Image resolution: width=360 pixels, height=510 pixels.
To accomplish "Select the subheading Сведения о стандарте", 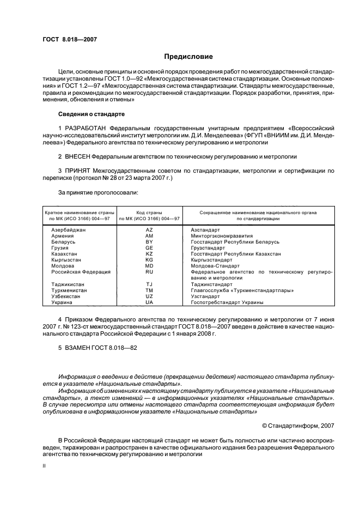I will (91, 114).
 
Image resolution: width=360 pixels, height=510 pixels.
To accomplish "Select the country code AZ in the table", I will (149, 230).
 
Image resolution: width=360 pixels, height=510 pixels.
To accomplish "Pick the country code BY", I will (149, 241).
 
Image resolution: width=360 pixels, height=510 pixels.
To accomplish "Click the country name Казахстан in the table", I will (65, 253).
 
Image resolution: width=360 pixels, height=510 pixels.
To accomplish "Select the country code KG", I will (149, 259).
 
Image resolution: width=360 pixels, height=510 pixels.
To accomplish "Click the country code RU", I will (149, 271).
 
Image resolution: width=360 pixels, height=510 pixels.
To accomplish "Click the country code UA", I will (149, 302).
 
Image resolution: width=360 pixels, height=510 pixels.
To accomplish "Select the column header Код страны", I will (149, 211).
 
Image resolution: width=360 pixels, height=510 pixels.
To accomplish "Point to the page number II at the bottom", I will (45, 466).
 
